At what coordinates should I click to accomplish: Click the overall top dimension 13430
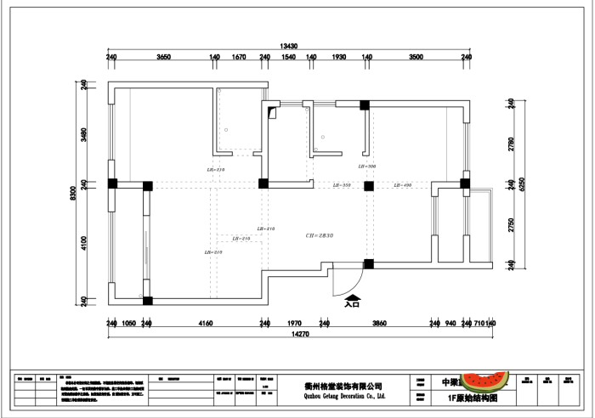click(x=289, y=46)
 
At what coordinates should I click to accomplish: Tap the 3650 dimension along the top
click(x=164, y=57)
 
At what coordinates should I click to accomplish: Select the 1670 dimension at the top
click(x=239, y=57)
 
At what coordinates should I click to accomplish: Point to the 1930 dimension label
click(x=338, y=57)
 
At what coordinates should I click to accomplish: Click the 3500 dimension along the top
click(x=416, y=57)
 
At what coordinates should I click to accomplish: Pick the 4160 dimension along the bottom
click(x=205, y=324)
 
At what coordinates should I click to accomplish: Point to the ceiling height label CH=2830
click(x=319, y=234)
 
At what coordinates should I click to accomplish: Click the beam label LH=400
click(x=402, y=185)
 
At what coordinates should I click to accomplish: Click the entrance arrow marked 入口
click(x=353, y=298)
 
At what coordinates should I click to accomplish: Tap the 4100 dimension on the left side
click(x=84, y=242)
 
